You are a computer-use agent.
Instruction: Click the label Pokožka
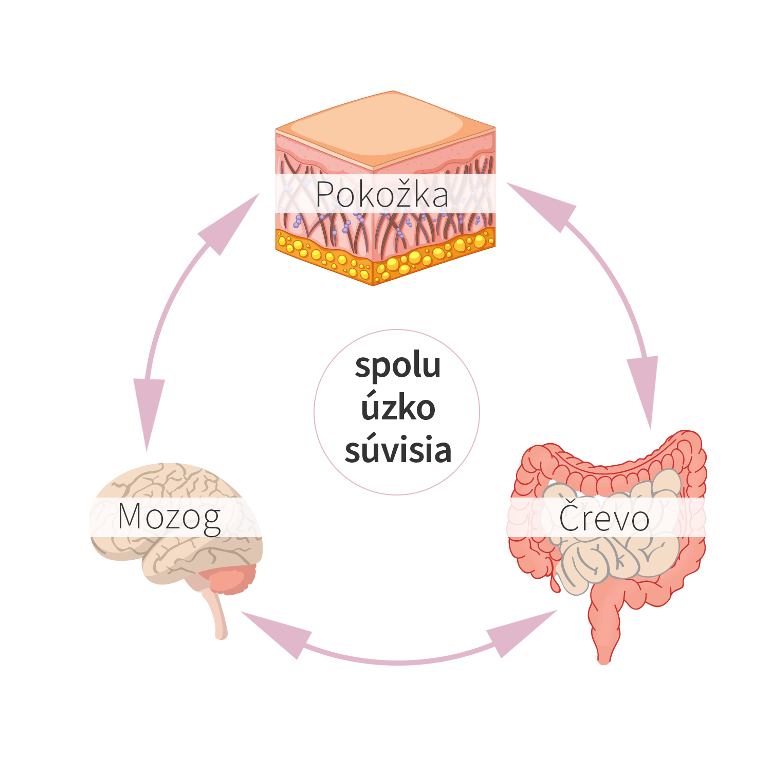click(x=382, y=195)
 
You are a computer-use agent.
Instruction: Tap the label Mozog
click(x=169, y=517)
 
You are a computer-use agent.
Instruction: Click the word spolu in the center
click(x=398, y=366)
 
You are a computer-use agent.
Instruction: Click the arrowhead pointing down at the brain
click(x=149, y=411)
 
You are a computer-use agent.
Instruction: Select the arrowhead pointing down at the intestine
click(x=645, y=390)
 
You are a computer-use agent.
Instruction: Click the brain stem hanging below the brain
click(x=216, y=614)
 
